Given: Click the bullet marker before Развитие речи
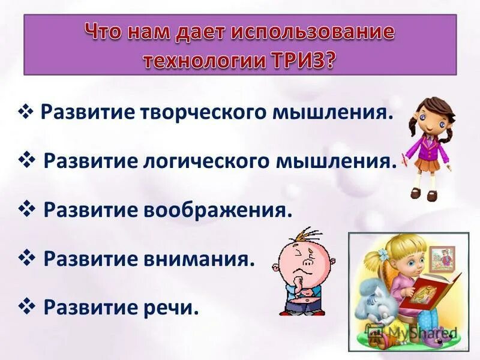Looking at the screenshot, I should [x=29, y=308].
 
